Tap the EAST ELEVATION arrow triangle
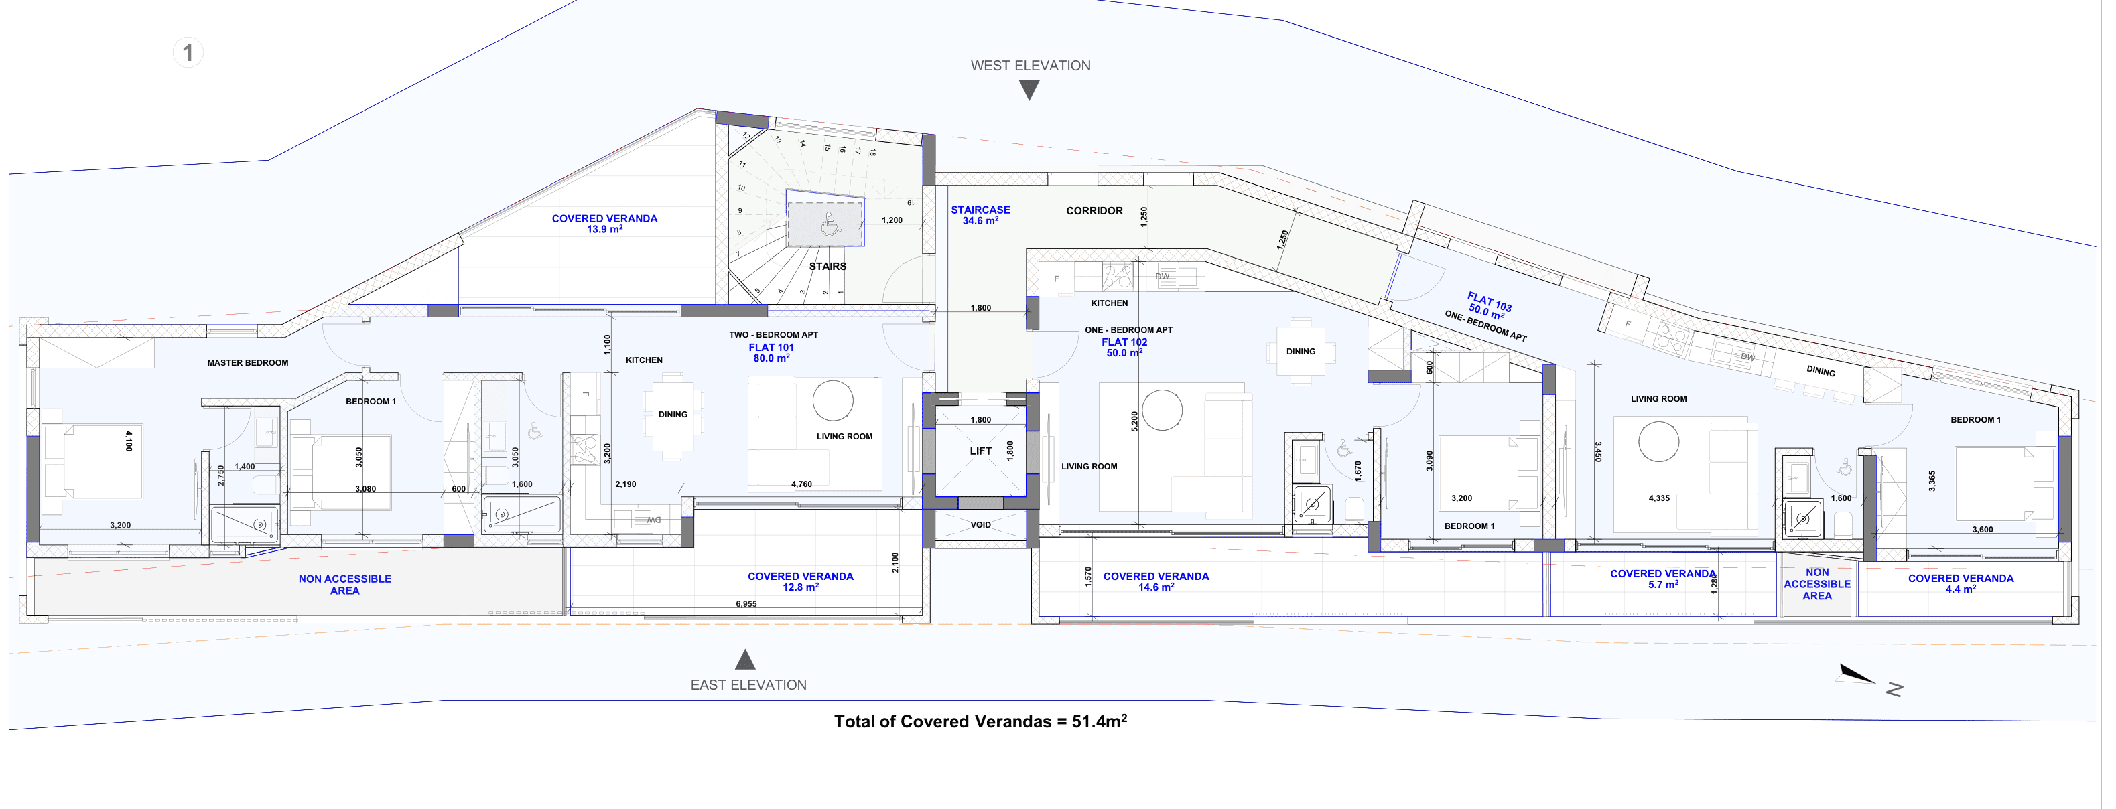point(745,660)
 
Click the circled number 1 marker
point(188,52)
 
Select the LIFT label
point(981,451)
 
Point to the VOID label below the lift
point(981,525)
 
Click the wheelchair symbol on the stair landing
point(830,224)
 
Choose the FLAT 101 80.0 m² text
point(771,353)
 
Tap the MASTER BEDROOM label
point(247,363)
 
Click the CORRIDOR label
point(1094,211)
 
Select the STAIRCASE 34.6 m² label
point(981,215)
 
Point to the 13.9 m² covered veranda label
point(604,224)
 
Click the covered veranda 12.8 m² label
point(800,581)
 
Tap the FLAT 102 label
point(1124,342)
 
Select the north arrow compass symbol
point(1858,675)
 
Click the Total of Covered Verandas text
point(981,721)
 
